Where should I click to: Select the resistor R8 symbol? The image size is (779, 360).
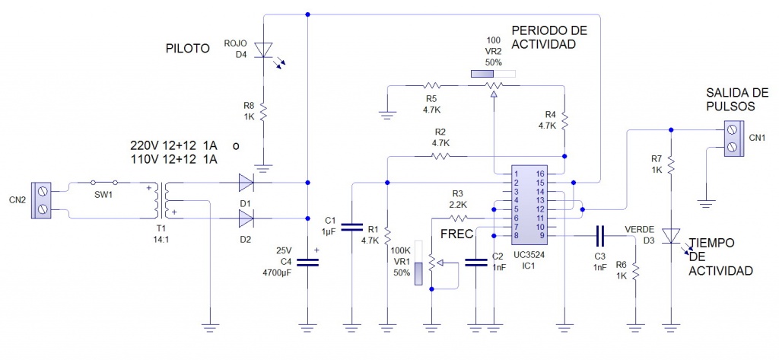click(262, 112)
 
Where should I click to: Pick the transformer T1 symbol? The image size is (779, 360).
click(163, 200)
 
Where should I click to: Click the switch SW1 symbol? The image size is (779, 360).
click(104, 183)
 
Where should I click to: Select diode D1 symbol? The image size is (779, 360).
click(246, 183)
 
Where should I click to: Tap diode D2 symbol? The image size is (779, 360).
click(246, 219)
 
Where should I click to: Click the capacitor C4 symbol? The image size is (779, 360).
click(307, 261)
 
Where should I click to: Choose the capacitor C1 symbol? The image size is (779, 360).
click(352, 226)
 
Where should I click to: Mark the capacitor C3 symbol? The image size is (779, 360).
click(601, 235)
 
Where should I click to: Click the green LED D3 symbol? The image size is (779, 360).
click(671, 235)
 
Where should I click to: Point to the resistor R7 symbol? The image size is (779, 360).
click(671, 167)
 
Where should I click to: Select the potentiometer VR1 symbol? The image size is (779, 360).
click(431, 263)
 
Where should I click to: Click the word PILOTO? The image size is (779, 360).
click(187, 49)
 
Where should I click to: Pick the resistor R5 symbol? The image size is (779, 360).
click(432, 86)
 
